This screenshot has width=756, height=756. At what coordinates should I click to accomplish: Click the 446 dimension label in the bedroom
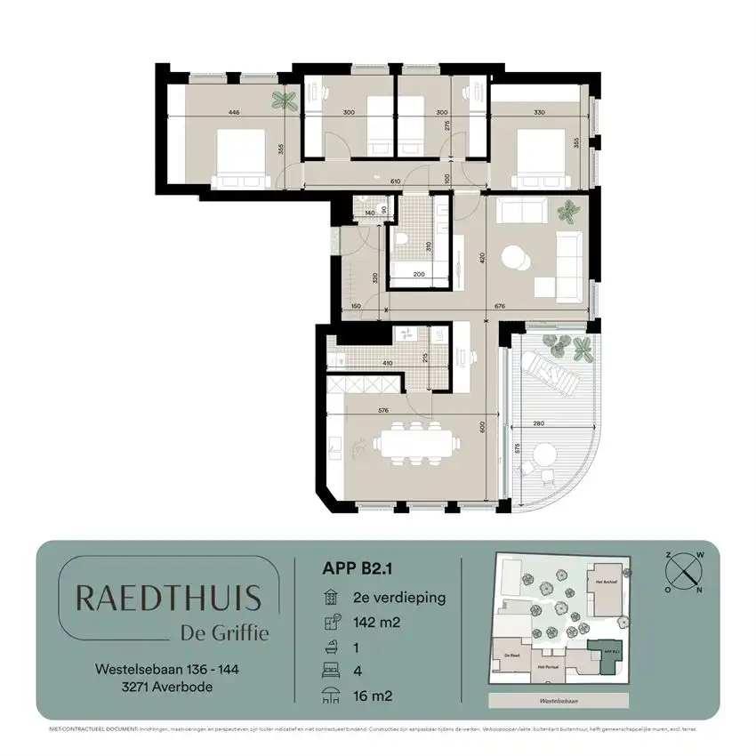click(234, 113)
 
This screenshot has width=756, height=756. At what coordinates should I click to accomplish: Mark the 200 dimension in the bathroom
click(419, 275)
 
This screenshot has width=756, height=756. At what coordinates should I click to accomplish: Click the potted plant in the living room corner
click(566, 212)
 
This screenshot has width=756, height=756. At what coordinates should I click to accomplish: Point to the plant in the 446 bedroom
click(285, 100)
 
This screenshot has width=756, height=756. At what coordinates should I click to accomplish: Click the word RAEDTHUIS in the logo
click(168, 598)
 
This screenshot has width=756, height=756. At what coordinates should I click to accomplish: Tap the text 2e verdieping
click(398, 597)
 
